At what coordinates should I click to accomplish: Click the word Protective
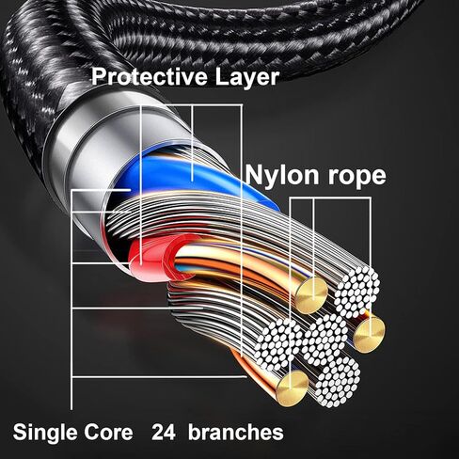pyautogui.click(x=150, y=76)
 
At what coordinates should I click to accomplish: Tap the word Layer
pyautogui.click(x=246, y=78)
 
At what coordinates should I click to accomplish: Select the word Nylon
pyautogui.click(x=282, y=175)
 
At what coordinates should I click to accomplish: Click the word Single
pyautogui.click(x=44, y=433)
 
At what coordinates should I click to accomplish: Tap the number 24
pyautogui.click(x=163, y=433)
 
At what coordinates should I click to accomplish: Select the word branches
pyautogui.click(x=236, y=432)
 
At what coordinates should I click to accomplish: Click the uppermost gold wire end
pyautogui.click(x=312, y=295)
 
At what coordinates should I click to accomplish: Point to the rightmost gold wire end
pyautogui.click(x=369, y=335)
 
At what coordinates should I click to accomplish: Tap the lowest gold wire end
pyautogui.click(x=293, y=388)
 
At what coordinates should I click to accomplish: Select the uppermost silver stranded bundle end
pyautogui.click(x=356, y=289)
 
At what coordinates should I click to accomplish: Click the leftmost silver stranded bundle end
pyautogui.click(x=277, y=344)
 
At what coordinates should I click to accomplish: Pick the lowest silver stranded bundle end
pyautogui.click(x=338, y=381)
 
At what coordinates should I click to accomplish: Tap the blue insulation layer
pyautogui.click(x=176, y=176)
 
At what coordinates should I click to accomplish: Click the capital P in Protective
pyautogui.click(x=98, y=76)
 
